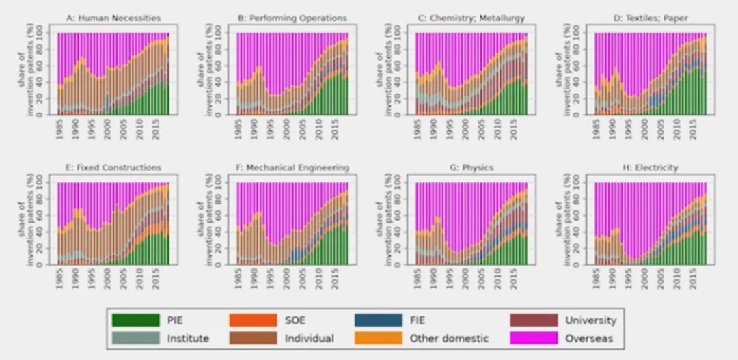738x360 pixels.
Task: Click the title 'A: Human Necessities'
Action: pos(113,18)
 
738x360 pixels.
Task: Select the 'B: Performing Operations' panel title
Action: pos(292,18)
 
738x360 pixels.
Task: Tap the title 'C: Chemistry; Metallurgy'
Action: pos(471,18)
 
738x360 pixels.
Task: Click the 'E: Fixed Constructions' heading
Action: pos(113,167)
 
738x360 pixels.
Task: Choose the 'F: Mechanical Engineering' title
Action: pos(292,167)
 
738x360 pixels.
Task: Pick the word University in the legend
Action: pos(590,320)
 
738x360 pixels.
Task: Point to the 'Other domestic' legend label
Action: pos(450,338)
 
